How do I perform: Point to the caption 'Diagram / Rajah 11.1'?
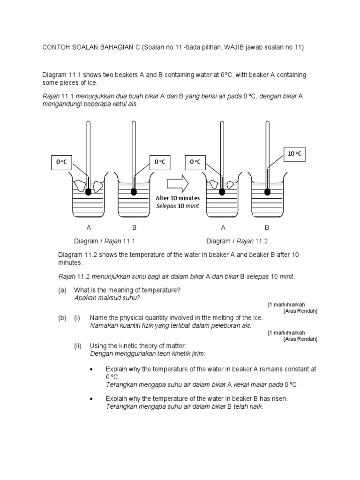pyautogui.click(x=105, y=241)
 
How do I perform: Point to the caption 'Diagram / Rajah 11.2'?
pyautogui.click(x=237, y=241)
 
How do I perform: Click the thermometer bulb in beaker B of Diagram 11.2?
pyautogui.click(x=267, y=192)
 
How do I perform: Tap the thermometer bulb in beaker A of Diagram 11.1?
pyautogui.click(x=88, y=192)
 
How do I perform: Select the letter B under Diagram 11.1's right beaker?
pyautogui.click(x=134, y=228)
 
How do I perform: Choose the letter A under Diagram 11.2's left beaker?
pyautogui.click(x=223, y=228)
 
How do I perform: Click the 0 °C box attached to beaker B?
pyautogui.click(x=160, y=162)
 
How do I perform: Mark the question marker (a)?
pyautogui.click(x=62, y=291)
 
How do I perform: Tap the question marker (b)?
pyautogui.click(x=62, y=318)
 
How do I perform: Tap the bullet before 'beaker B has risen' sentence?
pyautogui.click(x=92, y=399)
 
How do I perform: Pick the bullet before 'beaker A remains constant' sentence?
pyautogui.click(x=92, y=369)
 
